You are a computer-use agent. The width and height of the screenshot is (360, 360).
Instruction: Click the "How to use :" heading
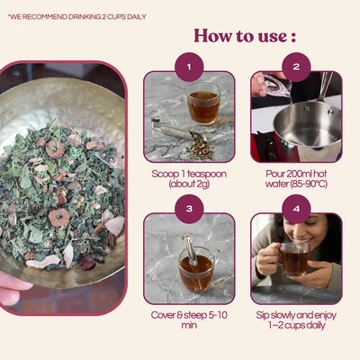click(x=245, y=36)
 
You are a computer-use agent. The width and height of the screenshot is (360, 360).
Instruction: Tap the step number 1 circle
click(x=189, y=66)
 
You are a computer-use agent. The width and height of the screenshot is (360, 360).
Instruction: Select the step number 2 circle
click(x=296, y=66)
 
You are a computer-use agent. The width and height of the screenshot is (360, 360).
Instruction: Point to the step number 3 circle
click(x=189, y=208)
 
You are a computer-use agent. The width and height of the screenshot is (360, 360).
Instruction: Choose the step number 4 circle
click(x=296, y=208)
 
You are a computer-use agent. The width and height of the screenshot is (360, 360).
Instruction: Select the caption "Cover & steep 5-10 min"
click(x=189, y=322)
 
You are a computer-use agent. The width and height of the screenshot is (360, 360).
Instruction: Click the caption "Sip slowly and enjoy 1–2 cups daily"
click(x=296, y=322)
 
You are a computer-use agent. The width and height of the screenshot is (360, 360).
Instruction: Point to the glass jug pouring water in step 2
click(x=270, y=85)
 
